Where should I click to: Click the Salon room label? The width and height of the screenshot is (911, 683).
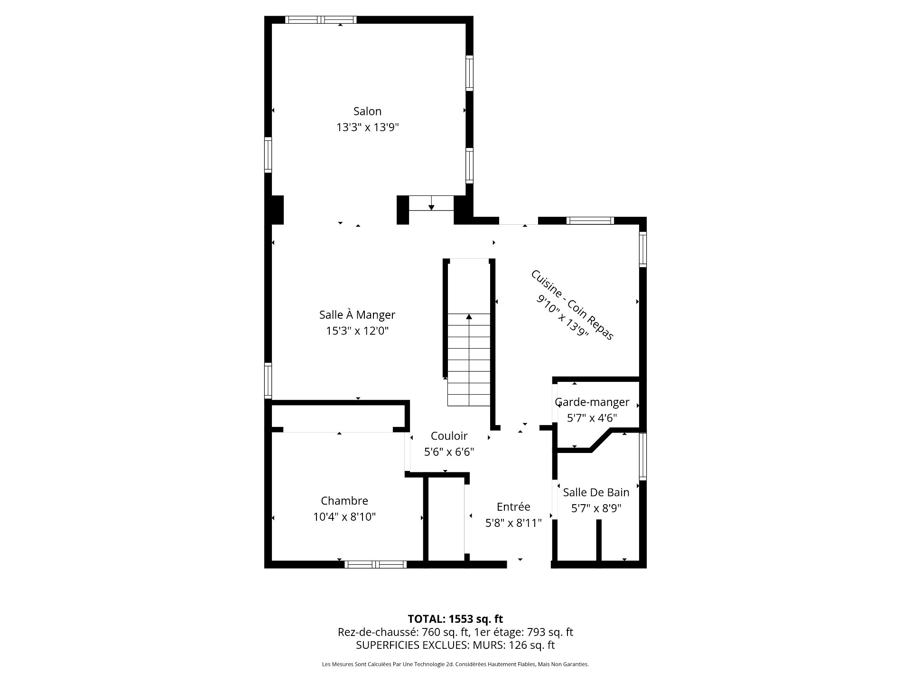tap(367, 111)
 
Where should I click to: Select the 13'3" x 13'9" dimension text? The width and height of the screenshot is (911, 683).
tap(367, 128)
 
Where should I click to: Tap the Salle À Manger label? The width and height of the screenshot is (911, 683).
tap(357, 315)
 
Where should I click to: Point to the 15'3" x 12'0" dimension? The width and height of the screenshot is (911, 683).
tap(357, 331)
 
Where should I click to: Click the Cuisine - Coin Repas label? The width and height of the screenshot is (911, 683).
tap(572, 305)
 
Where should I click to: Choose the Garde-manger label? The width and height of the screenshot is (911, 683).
tap(592, 402)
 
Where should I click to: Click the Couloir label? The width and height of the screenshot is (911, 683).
tap(449, 436)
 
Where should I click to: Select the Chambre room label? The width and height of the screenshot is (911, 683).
tap(344, 501)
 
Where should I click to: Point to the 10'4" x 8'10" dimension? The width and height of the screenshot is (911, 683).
tap(344, 517)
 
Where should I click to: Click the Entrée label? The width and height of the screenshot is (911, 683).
tap(513, 507)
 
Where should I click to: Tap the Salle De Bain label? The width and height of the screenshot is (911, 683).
tap(596, 493)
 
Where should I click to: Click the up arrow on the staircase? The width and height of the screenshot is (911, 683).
tap(469, 317)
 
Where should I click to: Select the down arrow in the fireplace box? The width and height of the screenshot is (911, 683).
tap(431, 207)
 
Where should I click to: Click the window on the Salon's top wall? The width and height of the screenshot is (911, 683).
tap(321, 19)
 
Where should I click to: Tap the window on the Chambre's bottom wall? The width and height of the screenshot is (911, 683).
tap(375, 564)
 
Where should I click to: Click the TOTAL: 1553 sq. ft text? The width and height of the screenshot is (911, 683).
tap(455, 619)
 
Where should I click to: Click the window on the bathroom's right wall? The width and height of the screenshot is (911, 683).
tap(642, 456)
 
